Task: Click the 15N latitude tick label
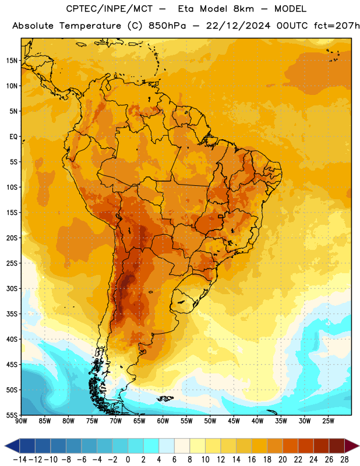point(12,61)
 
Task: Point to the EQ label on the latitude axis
point(13,137)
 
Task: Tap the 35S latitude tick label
point(12,314)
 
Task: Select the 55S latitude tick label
point(12,415)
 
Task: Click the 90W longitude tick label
point(22,421)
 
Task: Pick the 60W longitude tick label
point(163,421)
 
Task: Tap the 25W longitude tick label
point(328,421)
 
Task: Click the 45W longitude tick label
point(234,421)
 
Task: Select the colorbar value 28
point(344,460)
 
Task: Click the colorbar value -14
point(20,460)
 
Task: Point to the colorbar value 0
point(128,460)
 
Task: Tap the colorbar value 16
point(252,460)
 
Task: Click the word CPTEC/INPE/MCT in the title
point(110,9)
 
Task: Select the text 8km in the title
point(243,9)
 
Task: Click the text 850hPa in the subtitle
point(167,26)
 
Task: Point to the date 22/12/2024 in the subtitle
point(238,26)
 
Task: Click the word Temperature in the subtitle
point(90,26)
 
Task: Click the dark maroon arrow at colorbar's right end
point(352,446)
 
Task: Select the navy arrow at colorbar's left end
point(12,446)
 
